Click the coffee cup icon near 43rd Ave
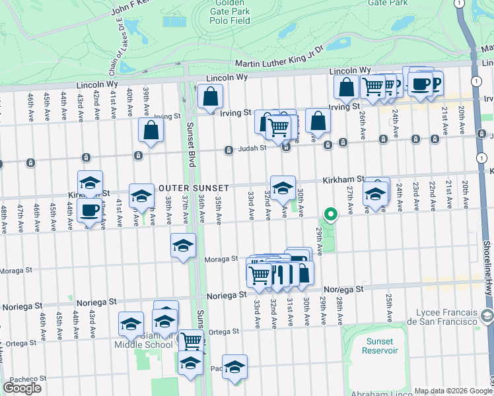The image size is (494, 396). pos(90,211)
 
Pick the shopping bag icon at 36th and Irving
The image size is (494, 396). pos(210,96)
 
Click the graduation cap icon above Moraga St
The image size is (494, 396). pos(183,246)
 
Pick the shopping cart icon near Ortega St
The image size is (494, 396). pos(191,341)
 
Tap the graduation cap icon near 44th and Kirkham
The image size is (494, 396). pos(90,183)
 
